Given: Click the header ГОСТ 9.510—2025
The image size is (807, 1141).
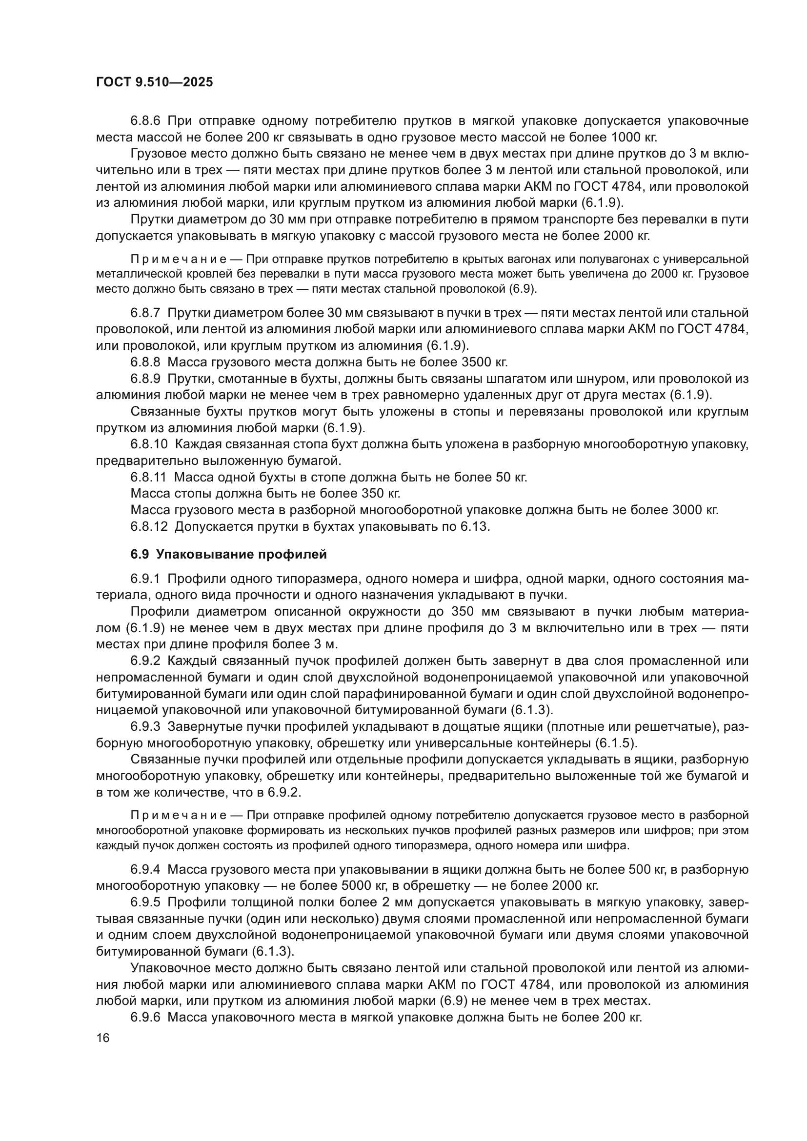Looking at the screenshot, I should coord(154,82).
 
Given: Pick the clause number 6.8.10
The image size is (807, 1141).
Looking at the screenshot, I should coord(149,444).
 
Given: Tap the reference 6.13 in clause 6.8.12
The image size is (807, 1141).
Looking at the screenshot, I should coord(474,526).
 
